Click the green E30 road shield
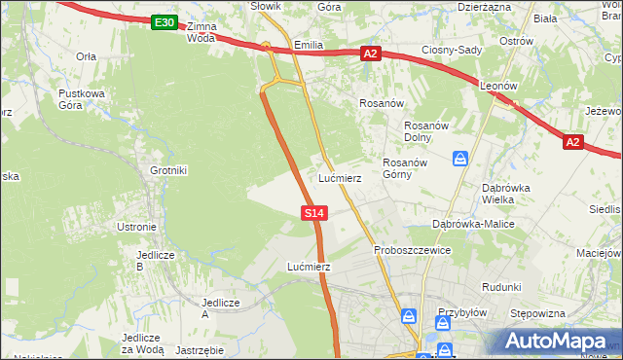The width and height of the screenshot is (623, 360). click(165, 22)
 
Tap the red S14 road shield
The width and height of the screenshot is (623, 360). click(313, 211)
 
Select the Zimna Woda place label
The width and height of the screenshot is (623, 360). click(201, 32)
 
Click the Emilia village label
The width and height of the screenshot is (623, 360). click(308, 45)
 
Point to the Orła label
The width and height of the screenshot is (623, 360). click(86, 56)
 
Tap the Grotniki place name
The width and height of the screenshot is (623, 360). click(167, 170)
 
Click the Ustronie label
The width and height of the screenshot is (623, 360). click(135, 227)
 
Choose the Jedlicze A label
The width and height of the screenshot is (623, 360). click(219, 307)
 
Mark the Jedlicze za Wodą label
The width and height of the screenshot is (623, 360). click(142, 342)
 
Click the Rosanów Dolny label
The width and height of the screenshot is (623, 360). click(424, 130)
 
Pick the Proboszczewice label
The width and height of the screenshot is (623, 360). click(413, 250)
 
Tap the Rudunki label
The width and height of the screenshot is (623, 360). click(502, 287)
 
